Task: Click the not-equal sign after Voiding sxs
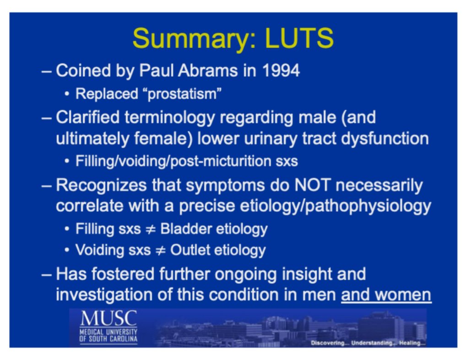161,250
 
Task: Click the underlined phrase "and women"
386,295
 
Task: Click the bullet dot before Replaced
67,95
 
